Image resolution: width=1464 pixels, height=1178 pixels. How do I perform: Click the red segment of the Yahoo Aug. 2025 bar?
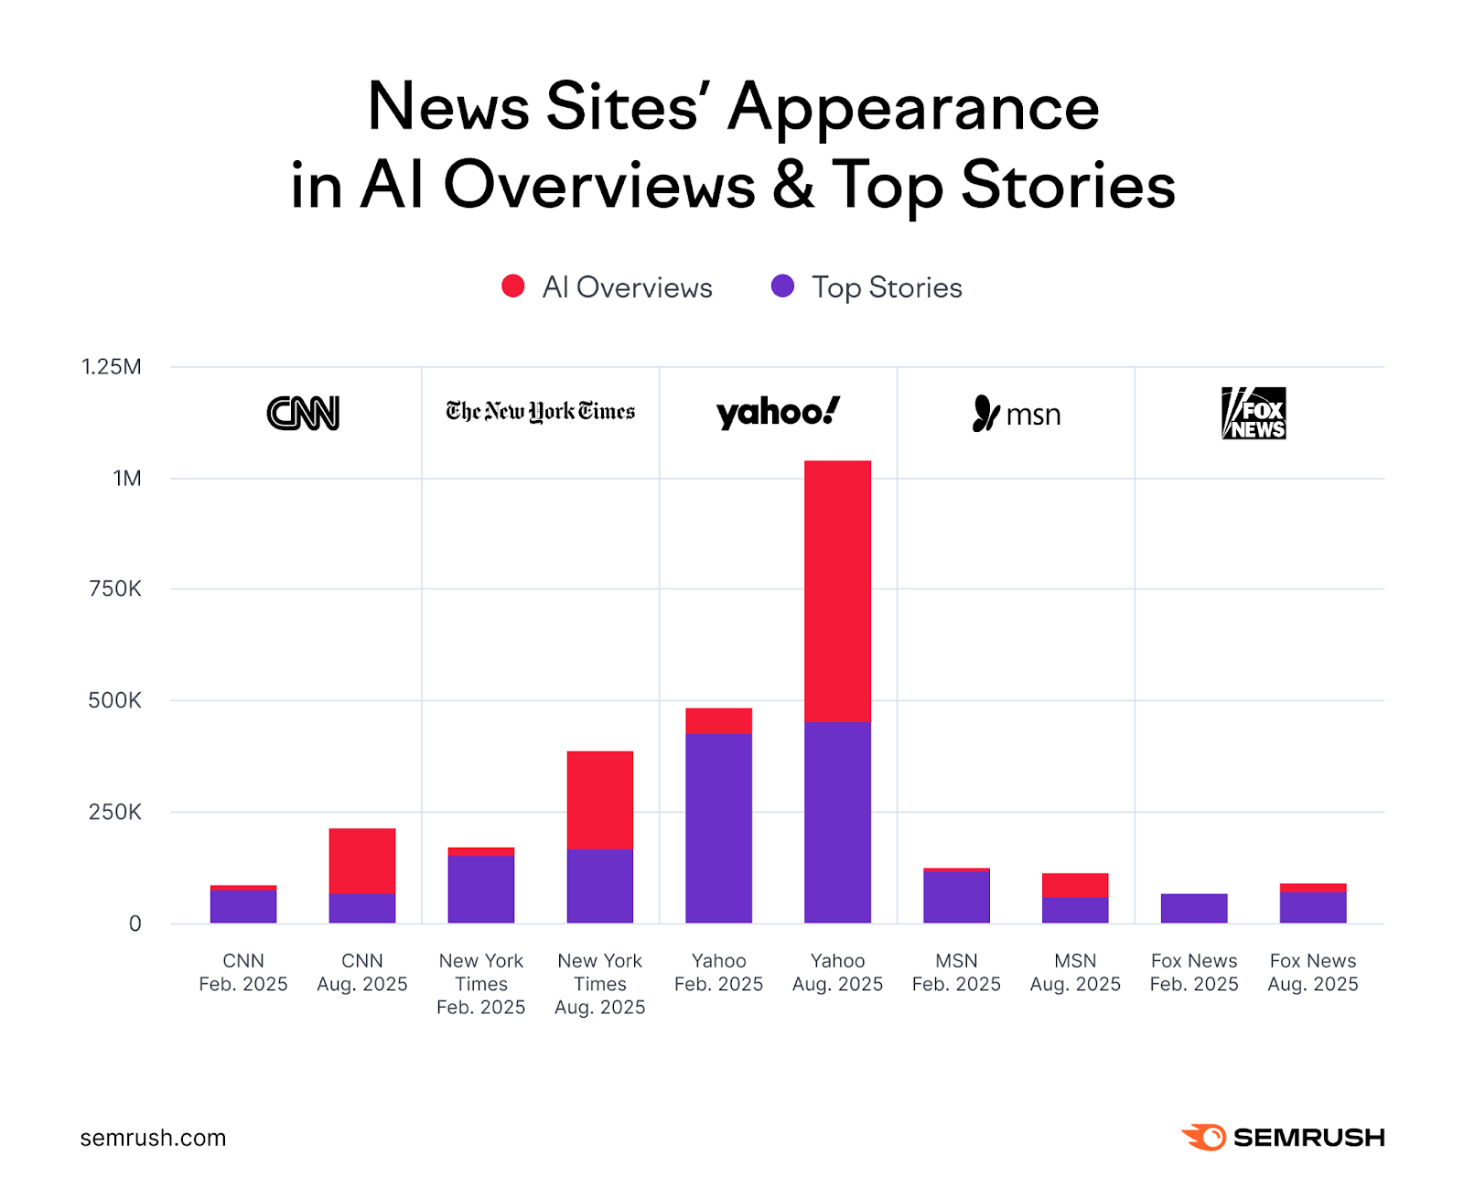[x=837, y=591]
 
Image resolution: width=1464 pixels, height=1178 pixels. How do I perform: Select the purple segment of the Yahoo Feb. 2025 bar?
[x=718, y=827]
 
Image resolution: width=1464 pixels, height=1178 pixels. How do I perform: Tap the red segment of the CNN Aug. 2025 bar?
[x=362, y=860]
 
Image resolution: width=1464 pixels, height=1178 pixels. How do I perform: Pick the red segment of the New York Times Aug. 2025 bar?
[x=599, y=800]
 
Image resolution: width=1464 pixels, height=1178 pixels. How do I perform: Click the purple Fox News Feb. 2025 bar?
[x=1193, y=908]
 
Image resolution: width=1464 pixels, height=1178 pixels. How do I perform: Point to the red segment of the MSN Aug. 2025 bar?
[x=1075, y=884]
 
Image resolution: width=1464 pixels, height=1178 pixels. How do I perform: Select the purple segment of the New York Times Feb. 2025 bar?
[x=480, y=889]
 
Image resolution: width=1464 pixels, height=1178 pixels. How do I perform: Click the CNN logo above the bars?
[x=303, y=413]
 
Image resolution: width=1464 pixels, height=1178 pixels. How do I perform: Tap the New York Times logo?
[x=540, y=412]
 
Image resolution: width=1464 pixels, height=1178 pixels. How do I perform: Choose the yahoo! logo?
[x=777, y=413]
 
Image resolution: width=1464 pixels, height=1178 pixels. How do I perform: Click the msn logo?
[x=1016, y=414]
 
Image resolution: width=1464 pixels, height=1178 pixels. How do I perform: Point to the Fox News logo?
[x=1254, y=413]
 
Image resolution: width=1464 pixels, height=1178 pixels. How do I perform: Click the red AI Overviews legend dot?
[x=513, y=286]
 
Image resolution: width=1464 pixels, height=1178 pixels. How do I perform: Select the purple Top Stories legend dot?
[x=782, y=286]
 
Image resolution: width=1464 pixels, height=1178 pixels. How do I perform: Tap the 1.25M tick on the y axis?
[x=112, y=367]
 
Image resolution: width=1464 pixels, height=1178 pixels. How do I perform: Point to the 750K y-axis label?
[x=115, y=589]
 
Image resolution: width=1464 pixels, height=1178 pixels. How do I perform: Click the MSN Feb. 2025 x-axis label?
[x=956, y=972]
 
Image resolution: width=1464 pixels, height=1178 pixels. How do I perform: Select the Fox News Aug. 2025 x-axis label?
[x=1312, y=972]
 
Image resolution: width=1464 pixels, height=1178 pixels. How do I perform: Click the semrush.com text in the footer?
[x=153, y=1138]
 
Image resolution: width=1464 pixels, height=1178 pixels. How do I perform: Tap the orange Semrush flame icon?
[x=1204, y=1137]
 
